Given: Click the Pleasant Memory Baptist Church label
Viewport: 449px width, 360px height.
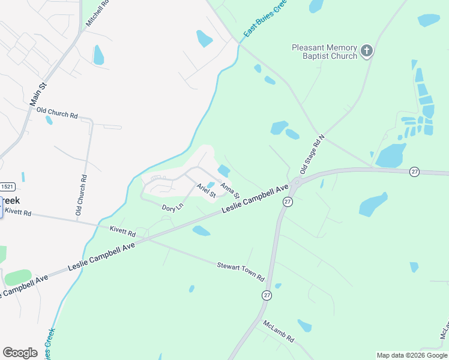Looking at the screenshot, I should [x=324, y=52].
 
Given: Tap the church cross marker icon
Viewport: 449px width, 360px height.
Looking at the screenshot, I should [x=367, y=51].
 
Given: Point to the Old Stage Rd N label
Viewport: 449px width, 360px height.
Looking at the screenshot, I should [x=312, y=154].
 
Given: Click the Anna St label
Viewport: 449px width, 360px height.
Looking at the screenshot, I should [x=230, y=191].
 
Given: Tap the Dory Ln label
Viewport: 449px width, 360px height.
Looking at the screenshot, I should [x=172, y=208].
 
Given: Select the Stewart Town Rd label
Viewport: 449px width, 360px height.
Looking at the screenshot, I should [x=241, y=271].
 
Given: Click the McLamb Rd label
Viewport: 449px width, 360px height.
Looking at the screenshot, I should [x=279, y=331].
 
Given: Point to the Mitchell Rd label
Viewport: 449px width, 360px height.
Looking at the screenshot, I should [x=97, y=11].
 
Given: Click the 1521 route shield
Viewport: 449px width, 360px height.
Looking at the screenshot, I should [x=7, y=187].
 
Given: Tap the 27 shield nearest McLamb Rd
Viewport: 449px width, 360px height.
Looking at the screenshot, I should [x=266, y=295].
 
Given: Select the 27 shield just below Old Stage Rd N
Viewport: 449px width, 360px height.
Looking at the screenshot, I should [x=288, y=202].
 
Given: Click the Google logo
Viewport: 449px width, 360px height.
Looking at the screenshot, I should [x=20, y=353].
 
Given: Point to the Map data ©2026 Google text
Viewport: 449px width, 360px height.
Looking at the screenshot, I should [x=412, y=355].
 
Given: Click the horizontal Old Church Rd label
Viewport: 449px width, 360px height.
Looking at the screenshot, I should [x=57, y=112].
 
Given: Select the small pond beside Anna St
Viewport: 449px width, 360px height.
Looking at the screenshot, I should [x=223, y=171].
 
